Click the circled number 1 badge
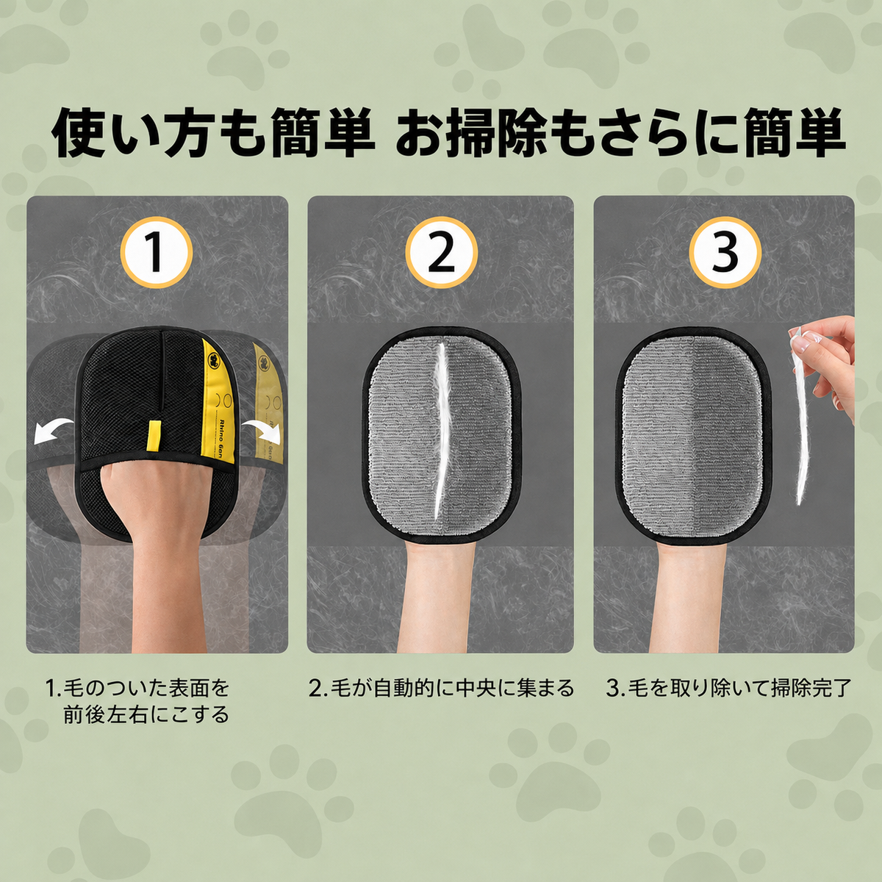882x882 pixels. click(157, 253)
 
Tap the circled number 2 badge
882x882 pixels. click(441, 253)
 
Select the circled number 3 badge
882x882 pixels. click(725, 253)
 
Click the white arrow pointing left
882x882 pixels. click(53, 430)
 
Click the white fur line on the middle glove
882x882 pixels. click(441, 431)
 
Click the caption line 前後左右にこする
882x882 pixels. click(146, 714)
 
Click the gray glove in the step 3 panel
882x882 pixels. click(693, 435)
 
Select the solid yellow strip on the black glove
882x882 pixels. click(217, 403)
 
